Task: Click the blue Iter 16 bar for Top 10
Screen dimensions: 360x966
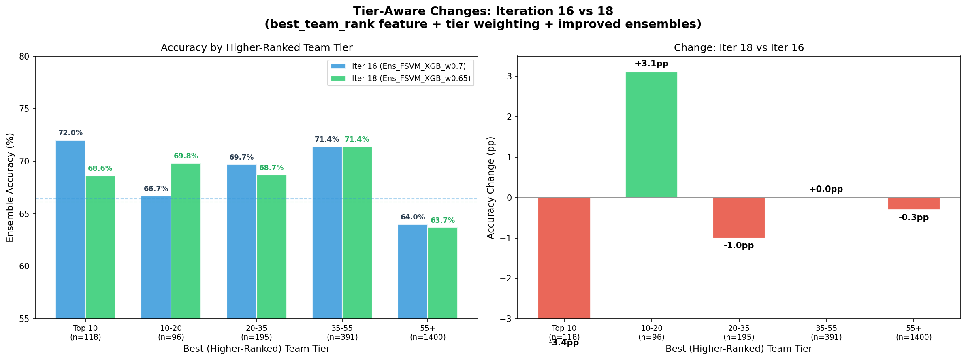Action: pos(70,229)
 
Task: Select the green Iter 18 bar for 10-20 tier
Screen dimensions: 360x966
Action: pos(186,241)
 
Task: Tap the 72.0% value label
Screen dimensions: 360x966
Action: pos(70,133)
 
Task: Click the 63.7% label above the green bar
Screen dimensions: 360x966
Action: pos(442,220)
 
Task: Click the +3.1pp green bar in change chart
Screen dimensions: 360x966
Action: pos(651,135)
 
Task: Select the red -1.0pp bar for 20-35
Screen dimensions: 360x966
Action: pos(739,217)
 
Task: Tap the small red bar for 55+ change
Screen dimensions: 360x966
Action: pos(914,203)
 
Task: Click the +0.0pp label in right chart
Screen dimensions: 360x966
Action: pos(826,189)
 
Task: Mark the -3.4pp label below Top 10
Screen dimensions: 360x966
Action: pos(564,343)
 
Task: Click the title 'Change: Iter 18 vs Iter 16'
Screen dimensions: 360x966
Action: pos(738,48)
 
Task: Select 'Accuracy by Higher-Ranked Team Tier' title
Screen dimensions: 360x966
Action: pos(256,48)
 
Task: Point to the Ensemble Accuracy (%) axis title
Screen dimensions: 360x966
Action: pos(10,187)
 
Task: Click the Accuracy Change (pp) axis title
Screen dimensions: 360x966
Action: pos(491,187)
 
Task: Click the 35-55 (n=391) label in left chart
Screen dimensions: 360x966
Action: pos(342,332)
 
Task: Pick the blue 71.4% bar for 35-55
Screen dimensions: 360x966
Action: pos(327,232)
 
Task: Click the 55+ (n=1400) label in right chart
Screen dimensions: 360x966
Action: pos(914,332)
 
